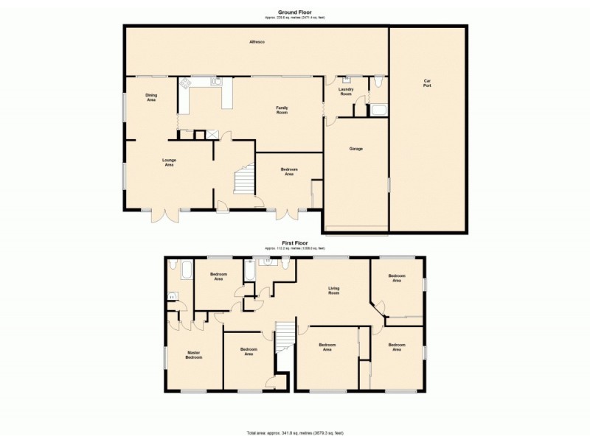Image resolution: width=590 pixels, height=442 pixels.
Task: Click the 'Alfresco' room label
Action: [x=257, y=42]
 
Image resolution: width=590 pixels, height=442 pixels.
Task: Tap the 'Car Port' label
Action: [x=427, y=84]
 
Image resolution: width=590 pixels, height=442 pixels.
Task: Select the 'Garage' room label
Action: [x=355, y=149]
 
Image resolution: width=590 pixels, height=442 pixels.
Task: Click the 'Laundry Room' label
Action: [x=346, y=91]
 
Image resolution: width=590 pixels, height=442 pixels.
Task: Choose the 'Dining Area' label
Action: [x=150, y=97]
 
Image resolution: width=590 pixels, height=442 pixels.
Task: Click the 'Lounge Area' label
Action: [x=169, y=161]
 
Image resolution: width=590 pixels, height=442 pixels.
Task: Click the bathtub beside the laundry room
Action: [x=378, y=110]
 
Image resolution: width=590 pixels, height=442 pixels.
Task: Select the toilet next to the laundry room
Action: [x=378, y=83]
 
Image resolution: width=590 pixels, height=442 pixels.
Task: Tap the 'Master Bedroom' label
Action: [x=194, y=354]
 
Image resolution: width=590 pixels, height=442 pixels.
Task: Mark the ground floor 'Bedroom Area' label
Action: [x=288, y=172]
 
